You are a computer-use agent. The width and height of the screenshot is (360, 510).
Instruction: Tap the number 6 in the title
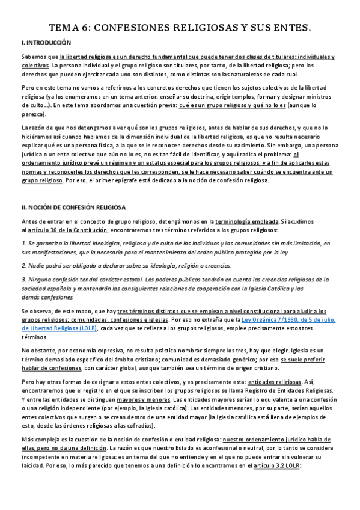(88, 28)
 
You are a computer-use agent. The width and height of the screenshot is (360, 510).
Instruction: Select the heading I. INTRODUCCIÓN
(46, 43)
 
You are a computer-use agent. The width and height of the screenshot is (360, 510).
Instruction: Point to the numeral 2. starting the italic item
(24, 265)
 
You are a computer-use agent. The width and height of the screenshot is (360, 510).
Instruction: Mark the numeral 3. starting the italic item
(24, 280)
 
